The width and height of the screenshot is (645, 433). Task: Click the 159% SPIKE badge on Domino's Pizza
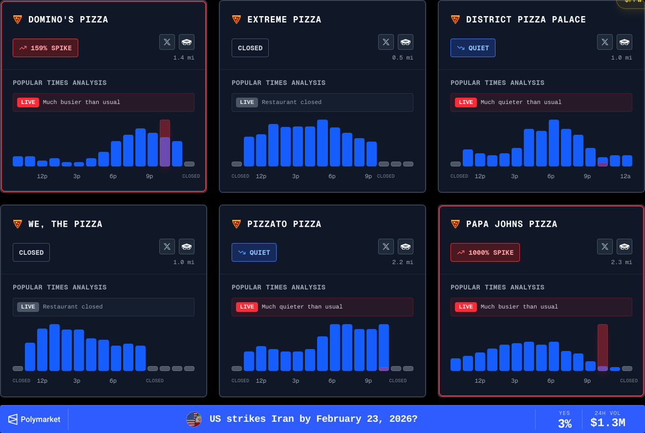coord(46,48)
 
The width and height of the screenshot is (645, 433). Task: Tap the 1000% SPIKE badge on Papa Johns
coord(485,252)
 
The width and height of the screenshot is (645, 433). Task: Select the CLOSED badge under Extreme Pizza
coord(250,48)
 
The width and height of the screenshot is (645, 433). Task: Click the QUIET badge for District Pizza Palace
coord(473,48)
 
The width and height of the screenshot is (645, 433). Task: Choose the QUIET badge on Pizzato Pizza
coord(254,252)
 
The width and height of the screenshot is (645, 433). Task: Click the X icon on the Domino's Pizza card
coord(167,42)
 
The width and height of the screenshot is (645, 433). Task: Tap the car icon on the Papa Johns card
coord(624,247)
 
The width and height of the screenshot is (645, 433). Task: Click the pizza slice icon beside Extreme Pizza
coord(236,19)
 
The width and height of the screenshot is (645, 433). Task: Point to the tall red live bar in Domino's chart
coord(164,143)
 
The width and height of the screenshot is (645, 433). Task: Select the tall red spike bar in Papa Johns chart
coord(603,347)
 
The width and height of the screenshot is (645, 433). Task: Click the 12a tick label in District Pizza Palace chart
coord(625,176)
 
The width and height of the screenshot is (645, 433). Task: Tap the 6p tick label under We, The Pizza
coord(113,381)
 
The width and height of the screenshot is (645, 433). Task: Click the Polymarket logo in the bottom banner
coord(34,419)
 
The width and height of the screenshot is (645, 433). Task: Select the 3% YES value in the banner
coord(564,423)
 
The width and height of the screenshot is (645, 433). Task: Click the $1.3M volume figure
coord(607,423)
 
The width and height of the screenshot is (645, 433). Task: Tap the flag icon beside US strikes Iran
coord(193,419)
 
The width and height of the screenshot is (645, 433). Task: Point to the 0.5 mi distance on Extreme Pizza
coord(403,57)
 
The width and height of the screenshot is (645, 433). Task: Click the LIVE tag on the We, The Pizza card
coord(28,307)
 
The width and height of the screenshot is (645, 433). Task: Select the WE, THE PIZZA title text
coord(66,224)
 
